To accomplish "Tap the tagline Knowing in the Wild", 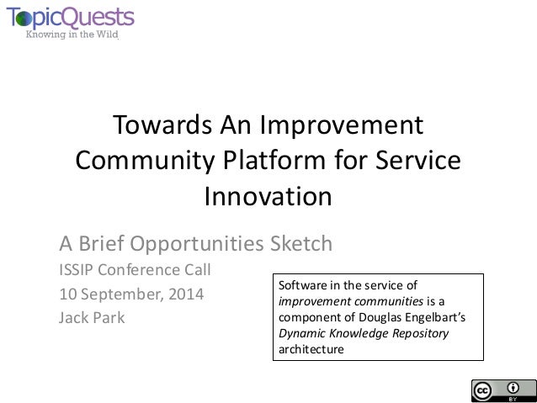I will coord(72,35).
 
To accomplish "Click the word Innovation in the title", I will coord(268,197).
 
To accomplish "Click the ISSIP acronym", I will coord(77,271).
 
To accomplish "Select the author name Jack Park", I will coord(92,318).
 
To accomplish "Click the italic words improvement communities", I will coord(342,301).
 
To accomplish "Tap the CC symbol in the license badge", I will coord(483,390).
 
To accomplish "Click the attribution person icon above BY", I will coord(513,387).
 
